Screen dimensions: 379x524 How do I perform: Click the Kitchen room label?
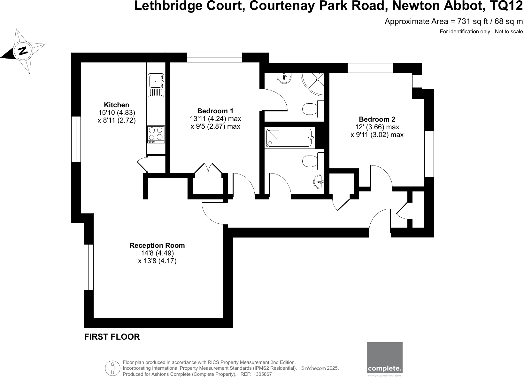(x=117, y=105)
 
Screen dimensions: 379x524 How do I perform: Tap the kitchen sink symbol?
(x=156, y=85)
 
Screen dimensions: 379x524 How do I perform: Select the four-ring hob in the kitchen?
(x=156, y=134)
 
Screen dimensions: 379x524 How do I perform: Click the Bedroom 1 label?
(x=215, y=111)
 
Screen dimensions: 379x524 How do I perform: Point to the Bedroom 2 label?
(x=377, y=119)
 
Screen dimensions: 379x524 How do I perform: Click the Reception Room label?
(x=157, y=246)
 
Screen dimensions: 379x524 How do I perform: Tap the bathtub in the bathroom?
(x=289, y=138)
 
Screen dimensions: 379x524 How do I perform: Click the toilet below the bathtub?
(x=313, y=161)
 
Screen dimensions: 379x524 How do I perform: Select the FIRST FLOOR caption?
(x=112, y=337)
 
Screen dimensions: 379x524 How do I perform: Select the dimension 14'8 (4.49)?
(x=157, y=253)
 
